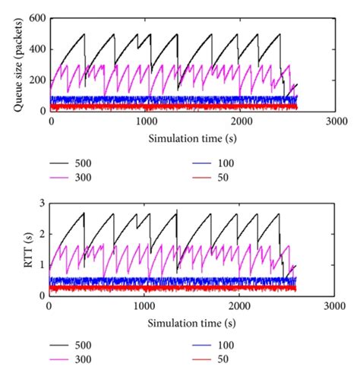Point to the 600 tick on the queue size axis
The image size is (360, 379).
(37, 18)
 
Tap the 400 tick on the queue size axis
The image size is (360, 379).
(37, 49)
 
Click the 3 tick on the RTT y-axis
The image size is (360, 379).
(40, 203)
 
